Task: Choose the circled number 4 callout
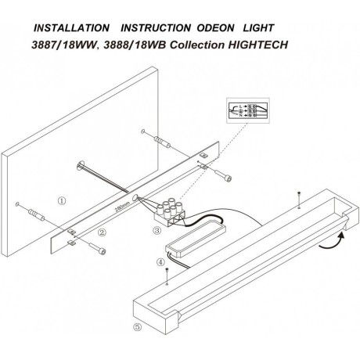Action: pos(160,264)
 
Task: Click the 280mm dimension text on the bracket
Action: pos(119,210)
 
